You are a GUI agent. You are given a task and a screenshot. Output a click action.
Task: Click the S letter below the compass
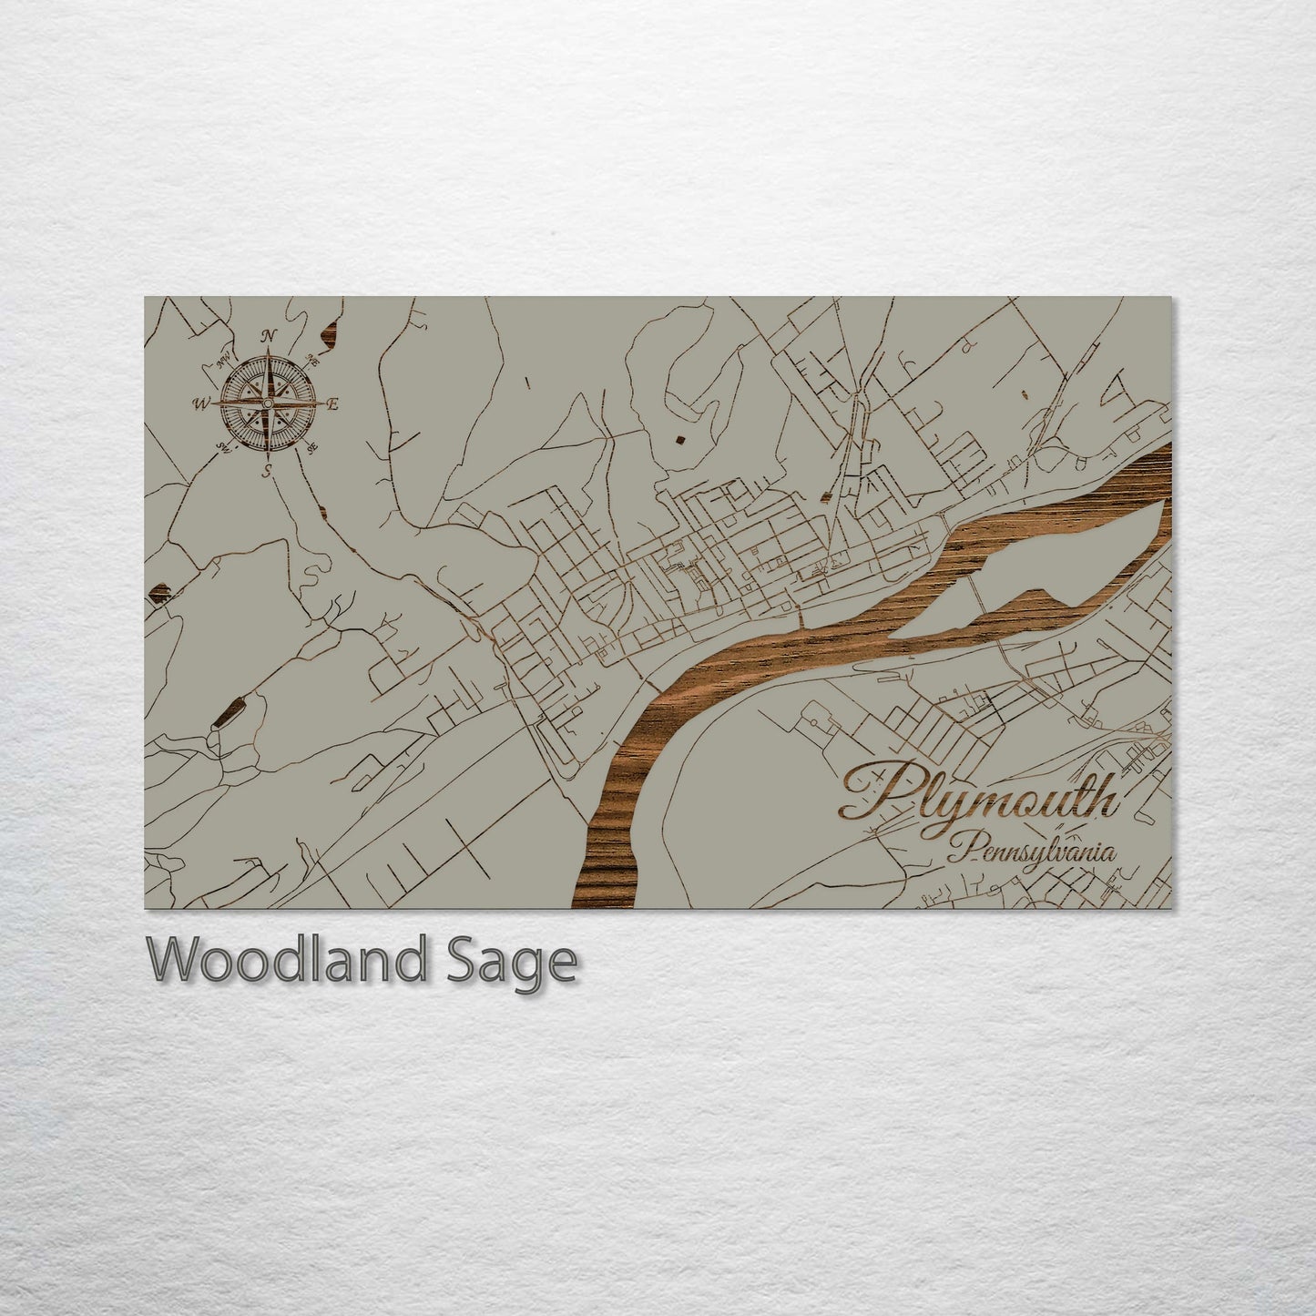pos(267,470)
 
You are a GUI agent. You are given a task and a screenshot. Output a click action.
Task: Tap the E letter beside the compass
pos(333,404)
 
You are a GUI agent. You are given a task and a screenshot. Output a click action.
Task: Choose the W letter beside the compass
pos(200,403)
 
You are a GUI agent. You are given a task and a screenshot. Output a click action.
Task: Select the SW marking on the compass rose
pos(222,446)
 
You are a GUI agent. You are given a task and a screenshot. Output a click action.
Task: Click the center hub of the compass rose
pos(268,403)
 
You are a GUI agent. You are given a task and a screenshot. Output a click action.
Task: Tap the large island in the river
pos(1047,569)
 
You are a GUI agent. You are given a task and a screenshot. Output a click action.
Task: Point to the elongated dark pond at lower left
pos(228,711)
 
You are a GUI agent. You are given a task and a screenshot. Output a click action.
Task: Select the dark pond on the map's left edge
pos(157,595)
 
